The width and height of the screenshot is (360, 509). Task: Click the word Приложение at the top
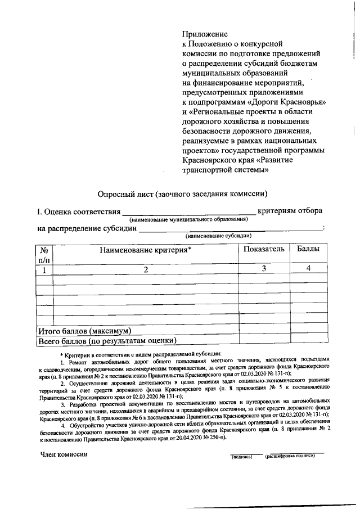point(204,34)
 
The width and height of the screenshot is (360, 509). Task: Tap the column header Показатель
point(264,249)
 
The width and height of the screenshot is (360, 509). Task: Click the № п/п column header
point(44,255)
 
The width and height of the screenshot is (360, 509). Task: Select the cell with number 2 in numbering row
point(145,269)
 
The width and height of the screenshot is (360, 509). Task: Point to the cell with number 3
point(263,269)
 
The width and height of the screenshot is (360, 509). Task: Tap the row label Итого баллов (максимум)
point(84,330)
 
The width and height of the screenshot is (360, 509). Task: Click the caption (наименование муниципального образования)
point(188,219)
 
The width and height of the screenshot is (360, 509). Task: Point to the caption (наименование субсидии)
point(219,236)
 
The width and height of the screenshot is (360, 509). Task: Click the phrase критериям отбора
point(290,211)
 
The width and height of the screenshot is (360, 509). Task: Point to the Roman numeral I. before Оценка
point(39,212)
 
